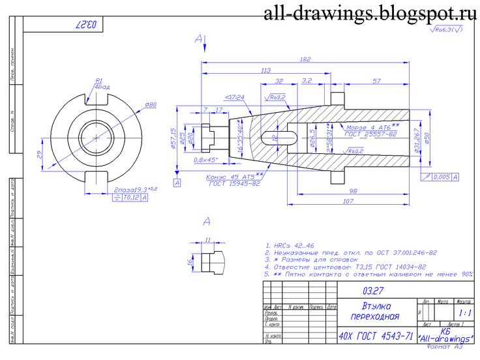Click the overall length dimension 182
coord(305,59)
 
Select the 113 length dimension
coord(265,70)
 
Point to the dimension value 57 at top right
coord(377,82)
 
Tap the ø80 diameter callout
coord(150,105)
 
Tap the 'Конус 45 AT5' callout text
coord(235,176)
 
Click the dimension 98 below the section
coord(353,190)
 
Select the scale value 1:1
coord(464,314)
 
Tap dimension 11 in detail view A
coord(207,240)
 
